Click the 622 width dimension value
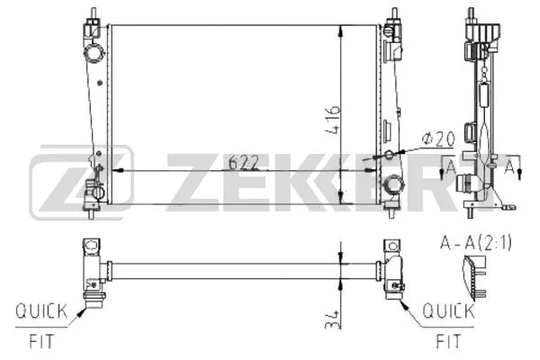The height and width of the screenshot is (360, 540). pos(244,162)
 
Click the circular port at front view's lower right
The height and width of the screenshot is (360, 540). pos(391,186)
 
